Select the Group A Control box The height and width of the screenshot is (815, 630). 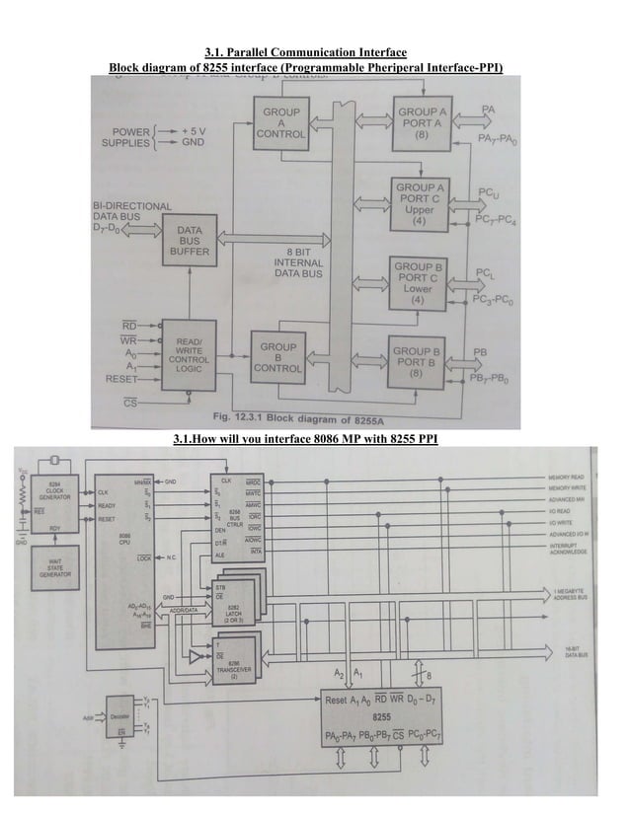(x=279, y=123)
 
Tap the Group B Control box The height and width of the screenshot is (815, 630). (x=279, y=357)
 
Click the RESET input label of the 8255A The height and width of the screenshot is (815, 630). (x=114, y=379)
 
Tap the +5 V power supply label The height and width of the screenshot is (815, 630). (x=187, y=128)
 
